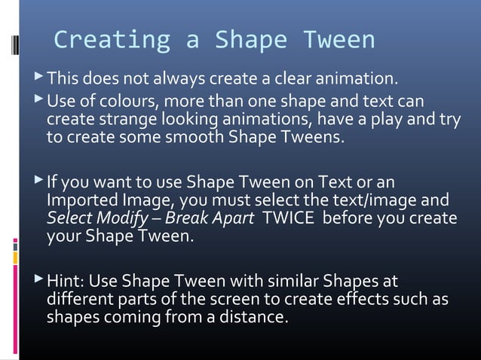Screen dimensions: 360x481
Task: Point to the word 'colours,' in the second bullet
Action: pyautogui.click(x=132, y=101)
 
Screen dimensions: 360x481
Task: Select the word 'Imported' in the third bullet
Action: pyautogui.click(x=81, y=200)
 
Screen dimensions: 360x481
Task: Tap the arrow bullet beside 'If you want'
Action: pyautogui.click(x=38, y=182)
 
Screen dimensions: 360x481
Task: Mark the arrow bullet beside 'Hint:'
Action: pyautogui.click(x=38, y=281)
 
